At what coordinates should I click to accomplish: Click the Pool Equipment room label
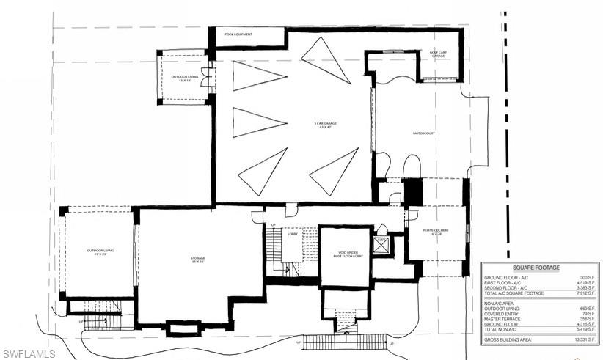pyautogui.click(x=239, y=34)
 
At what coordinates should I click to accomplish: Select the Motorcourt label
pyautogui.click(x=404, y=133)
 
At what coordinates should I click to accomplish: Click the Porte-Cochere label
pyautogui.click(x=435, y=232)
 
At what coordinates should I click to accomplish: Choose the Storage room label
pyautogui.click(x=198, y=259)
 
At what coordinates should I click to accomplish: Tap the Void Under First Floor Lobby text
pyautogui.click(x=348, y=254)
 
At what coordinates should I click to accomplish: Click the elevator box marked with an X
pyautogui.click(x=381, y=245)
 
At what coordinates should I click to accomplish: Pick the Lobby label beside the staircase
pyautogui.click(x=293, y=234)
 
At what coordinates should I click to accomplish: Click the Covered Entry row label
pyautogui.click(x=501, y=313)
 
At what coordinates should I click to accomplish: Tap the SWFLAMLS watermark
pyautogui.click(x=29, y=354)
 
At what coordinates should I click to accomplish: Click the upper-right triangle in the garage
pyautogui.click(x=326, y=59)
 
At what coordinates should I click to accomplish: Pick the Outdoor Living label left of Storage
pyautogui.click(x=100, y=252)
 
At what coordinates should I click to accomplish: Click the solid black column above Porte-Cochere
pyautogui.click(x=413, y=192)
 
